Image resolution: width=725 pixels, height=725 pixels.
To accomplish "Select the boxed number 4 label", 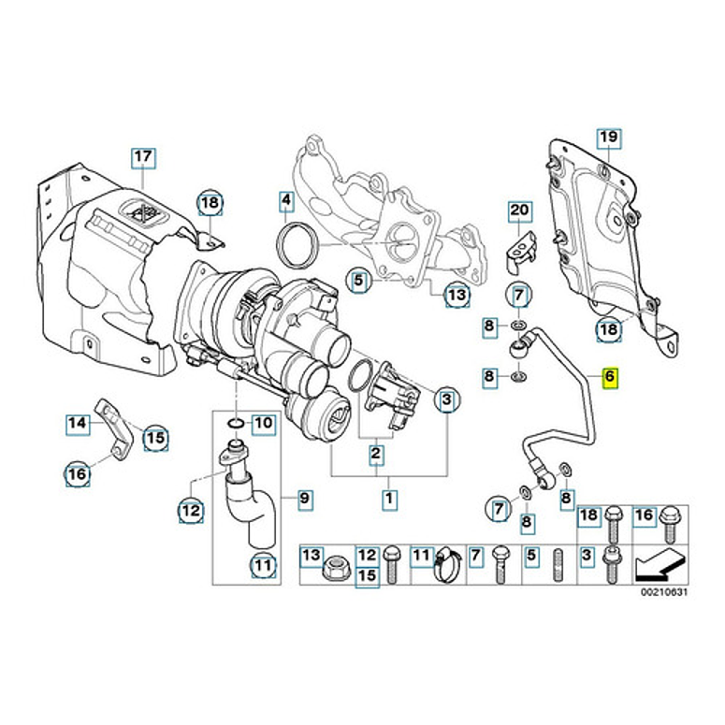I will click(x=286, y=199).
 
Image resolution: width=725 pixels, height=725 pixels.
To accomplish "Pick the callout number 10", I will click(x=263, y=423).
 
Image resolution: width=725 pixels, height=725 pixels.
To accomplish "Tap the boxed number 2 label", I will click(x=376, y=456).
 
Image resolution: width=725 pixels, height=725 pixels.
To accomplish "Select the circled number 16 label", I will click(x=79, y=474).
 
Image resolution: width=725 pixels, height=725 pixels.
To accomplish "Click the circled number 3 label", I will click(x=446, y=401).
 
